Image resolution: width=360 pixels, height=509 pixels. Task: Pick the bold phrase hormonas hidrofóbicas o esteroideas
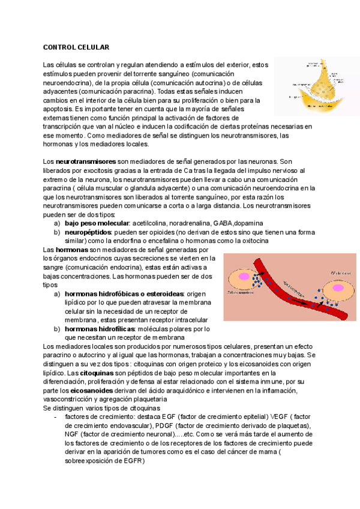coord(124,294)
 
